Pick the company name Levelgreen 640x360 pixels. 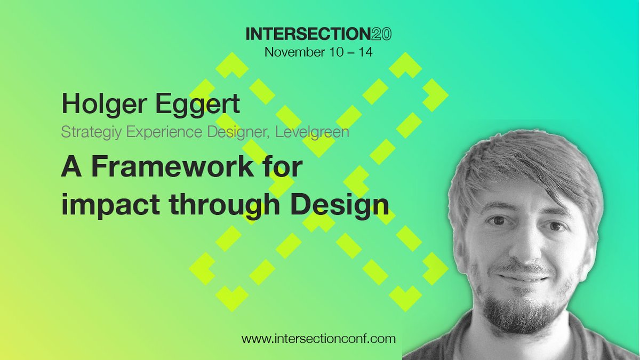[x=313, y=131]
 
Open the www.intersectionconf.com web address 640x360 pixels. [x=319, y=338]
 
